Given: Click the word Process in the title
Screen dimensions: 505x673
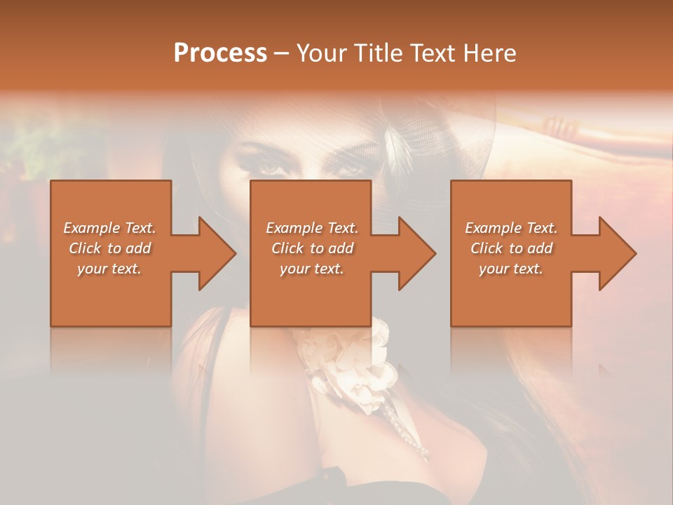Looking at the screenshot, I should [220, 53].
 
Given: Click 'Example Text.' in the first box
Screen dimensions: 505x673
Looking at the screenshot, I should [109, 228].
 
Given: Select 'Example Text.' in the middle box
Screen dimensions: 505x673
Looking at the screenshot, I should [311, 228].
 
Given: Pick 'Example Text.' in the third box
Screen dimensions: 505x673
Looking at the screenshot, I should [511, 228].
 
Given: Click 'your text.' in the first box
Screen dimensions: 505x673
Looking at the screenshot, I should [109, 269].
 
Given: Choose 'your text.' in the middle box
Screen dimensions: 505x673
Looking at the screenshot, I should [311, 269].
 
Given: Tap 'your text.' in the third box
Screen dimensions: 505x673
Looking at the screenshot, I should [511, 269].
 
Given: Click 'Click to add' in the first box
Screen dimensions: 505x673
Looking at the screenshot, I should [109, 248].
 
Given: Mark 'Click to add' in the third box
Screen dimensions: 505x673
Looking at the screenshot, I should [511, 248].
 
